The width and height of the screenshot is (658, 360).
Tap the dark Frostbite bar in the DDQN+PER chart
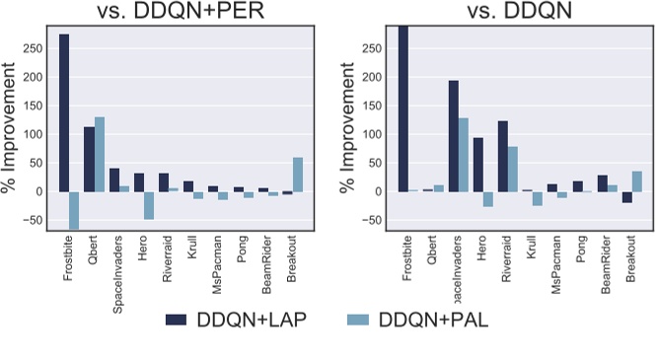point(64,113)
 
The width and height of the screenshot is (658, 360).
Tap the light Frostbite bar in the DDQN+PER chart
point(75,210)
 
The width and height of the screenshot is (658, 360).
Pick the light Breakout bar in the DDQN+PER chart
point(299,175)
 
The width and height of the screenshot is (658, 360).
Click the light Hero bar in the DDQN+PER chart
point(149,205)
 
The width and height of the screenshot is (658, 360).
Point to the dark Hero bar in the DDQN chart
point(478,165)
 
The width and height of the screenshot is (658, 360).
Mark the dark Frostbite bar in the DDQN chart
point(403,108)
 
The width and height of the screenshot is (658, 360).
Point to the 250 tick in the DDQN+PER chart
point(37,48)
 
